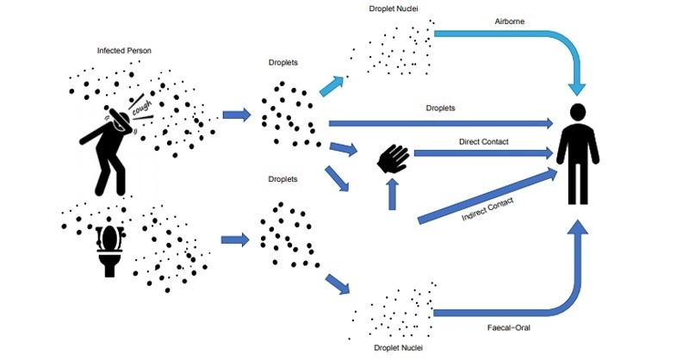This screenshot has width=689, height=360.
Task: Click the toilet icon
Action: (109, 249)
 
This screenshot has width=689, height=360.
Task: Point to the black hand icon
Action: (395, 158)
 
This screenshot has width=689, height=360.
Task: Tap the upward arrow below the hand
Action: (394, 193)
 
